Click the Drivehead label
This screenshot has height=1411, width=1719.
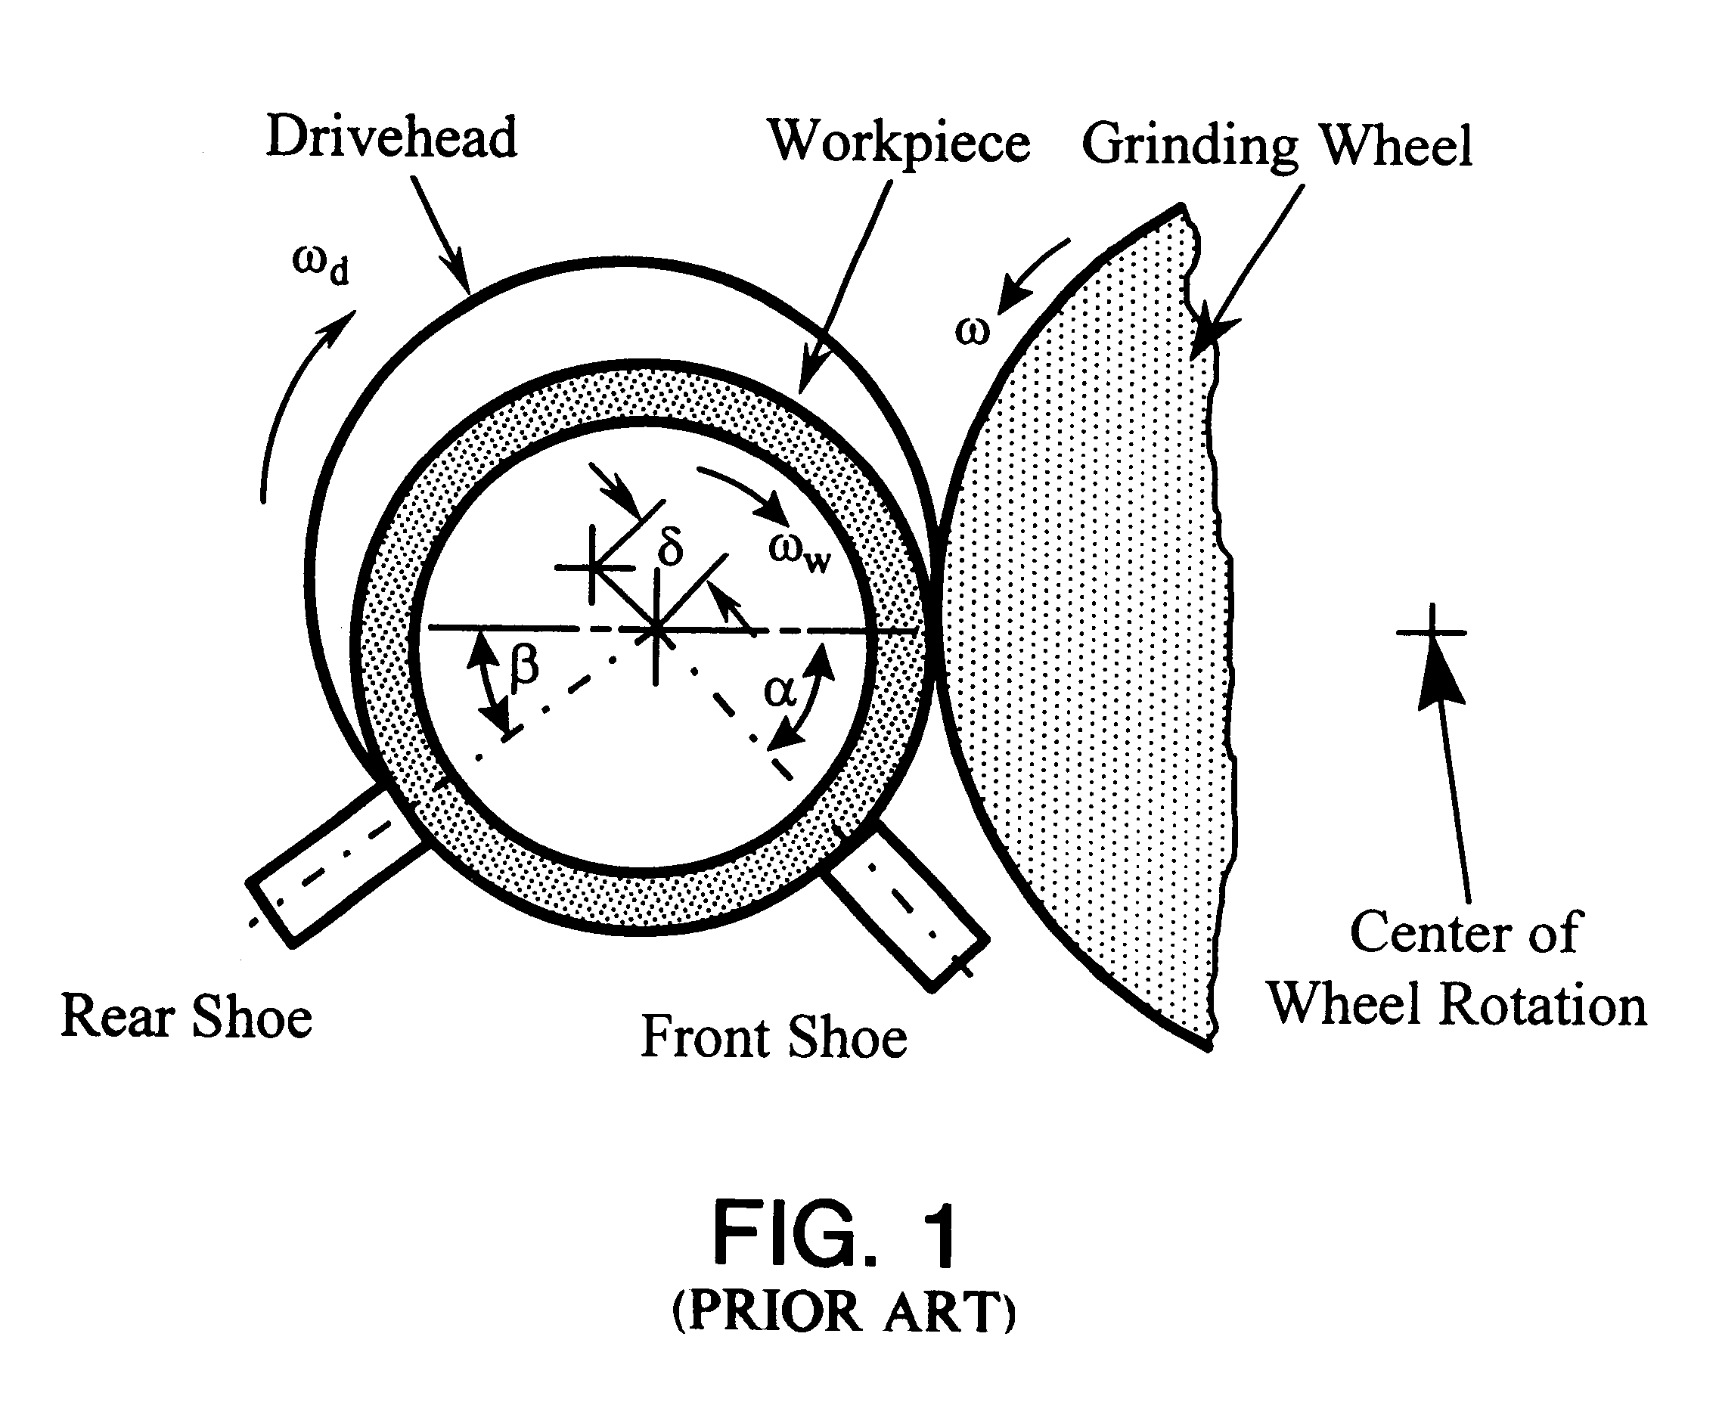pos(391,138)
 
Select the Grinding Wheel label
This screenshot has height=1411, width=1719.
pos(1276,146)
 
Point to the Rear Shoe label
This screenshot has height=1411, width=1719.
pos(186,1017)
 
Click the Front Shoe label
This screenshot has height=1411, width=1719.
pos(773,1038)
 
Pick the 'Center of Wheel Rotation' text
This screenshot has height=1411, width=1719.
pos(1457,969)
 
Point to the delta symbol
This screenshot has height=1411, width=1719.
pos(671,545)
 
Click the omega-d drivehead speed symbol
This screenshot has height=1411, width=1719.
pos(320,265)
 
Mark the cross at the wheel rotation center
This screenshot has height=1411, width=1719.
pos(1432,631)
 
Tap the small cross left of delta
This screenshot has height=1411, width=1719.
pos(592,566)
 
